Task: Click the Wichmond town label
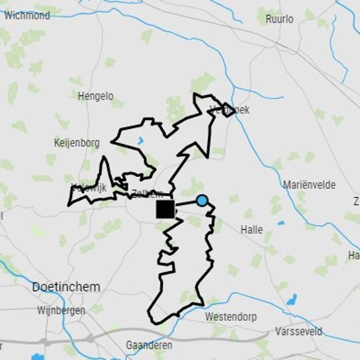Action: [x=27, y=16]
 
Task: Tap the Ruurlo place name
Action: [x=279, y=19]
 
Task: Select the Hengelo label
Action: [x=95, y=96]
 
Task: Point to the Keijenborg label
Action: [x=76, y=143]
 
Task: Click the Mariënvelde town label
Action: [x=309, y=185]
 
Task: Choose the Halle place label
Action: [x=252, y=229]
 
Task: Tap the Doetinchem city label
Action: [x=66, y=287]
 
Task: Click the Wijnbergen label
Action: [x=61, y=310]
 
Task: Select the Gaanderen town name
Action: [x=149, y=345]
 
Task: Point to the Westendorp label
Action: [x=231, y=317]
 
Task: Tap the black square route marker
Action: [x=165, y=209]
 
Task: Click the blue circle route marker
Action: [x=202, y=201]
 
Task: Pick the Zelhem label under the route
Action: [x=147, y=194]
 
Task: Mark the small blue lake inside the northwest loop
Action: [x=141, y=140]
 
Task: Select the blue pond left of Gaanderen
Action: [x=37, y=357]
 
